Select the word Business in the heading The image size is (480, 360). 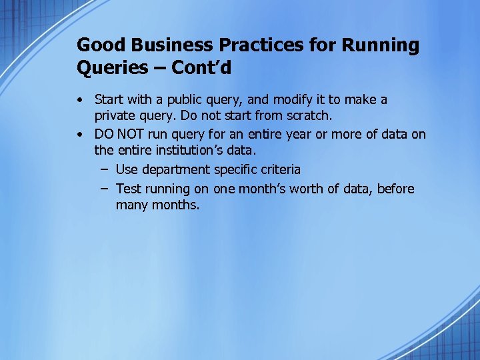tap(157, 45)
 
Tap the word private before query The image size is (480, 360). tap(115, 117)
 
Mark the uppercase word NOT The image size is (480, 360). tap(126, 135)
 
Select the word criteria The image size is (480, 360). tap(277, 170)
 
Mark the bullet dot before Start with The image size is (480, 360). tap(79, 100)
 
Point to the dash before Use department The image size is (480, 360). tap(105, 170)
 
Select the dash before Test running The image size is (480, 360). tap(105, 189)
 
